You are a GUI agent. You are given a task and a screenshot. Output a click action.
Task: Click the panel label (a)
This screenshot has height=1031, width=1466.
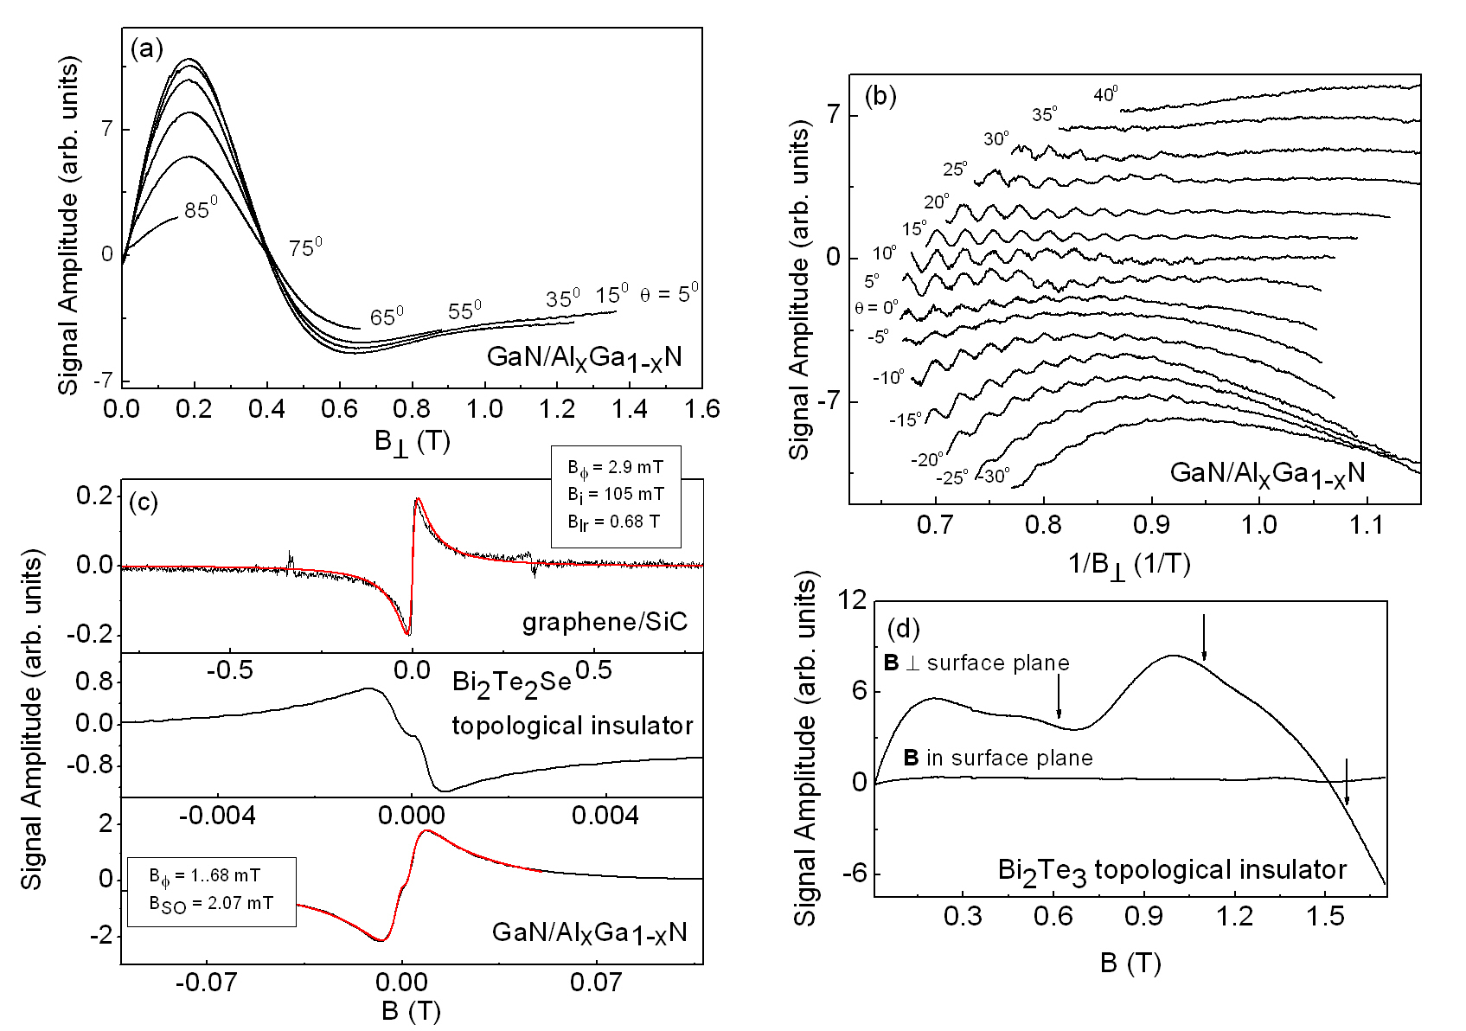pos(146,48)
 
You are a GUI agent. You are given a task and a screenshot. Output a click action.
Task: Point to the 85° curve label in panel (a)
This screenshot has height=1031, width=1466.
pos(200,208)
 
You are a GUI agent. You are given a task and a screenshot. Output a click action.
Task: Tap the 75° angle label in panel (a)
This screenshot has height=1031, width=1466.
pos(305,247)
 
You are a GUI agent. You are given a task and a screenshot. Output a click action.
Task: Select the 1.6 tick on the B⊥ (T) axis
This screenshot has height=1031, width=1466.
pos(701,408)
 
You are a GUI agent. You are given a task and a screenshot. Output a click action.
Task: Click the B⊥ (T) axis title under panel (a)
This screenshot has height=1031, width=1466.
pos(412,442)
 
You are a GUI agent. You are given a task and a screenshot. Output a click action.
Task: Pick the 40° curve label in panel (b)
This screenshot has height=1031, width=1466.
pos(1105,94)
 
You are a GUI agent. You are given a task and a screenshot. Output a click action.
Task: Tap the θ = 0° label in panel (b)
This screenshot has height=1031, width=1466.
pos(876,307)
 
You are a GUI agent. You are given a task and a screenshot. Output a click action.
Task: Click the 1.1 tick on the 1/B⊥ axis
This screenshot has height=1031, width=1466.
pos(1367,525)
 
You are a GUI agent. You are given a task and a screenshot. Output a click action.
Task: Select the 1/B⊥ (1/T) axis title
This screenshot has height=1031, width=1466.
pos(1130,564)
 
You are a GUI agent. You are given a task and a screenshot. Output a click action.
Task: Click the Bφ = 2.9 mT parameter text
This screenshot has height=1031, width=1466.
pos(615,468)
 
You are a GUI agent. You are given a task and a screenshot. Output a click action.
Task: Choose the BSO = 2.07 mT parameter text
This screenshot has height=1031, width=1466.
pos(211,904)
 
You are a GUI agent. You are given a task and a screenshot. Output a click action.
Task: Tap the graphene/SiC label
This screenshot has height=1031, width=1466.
pos(605,622)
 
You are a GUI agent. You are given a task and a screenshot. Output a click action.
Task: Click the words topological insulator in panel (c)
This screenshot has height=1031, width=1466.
pos(572,726)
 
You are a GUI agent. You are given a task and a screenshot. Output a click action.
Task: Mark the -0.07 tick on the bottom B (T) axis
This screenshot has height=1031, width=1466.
pos(206,983)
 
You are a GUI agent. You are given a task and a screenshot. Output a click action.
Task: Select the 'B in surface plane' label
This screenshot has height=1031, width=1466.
pos(998,759)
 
